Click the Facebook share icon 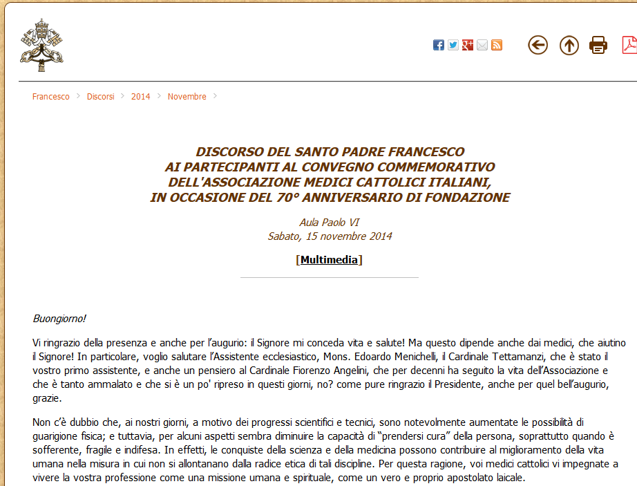(439, 45)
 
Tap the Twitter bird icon (453, 45)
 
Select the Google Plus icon (468, 45)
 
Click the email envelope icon (482, 45)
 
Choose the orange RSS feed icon (497, 45)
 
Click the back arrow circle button (538, 45)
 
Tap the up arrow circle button (569, 46)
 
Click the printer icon (598, 46)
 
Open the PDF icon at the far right (629, 45)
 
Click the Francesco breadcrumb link (50, 96)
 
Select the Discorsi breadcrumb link (101, 96)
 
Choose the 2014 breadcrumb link (140, 96)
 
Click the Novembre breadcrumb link (187, 96)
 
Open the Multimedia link (329, 260)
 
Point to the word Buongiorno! (59, 319)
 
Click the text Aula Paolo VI (329, 223)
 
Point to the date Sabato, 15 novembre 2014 (330, 236)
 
